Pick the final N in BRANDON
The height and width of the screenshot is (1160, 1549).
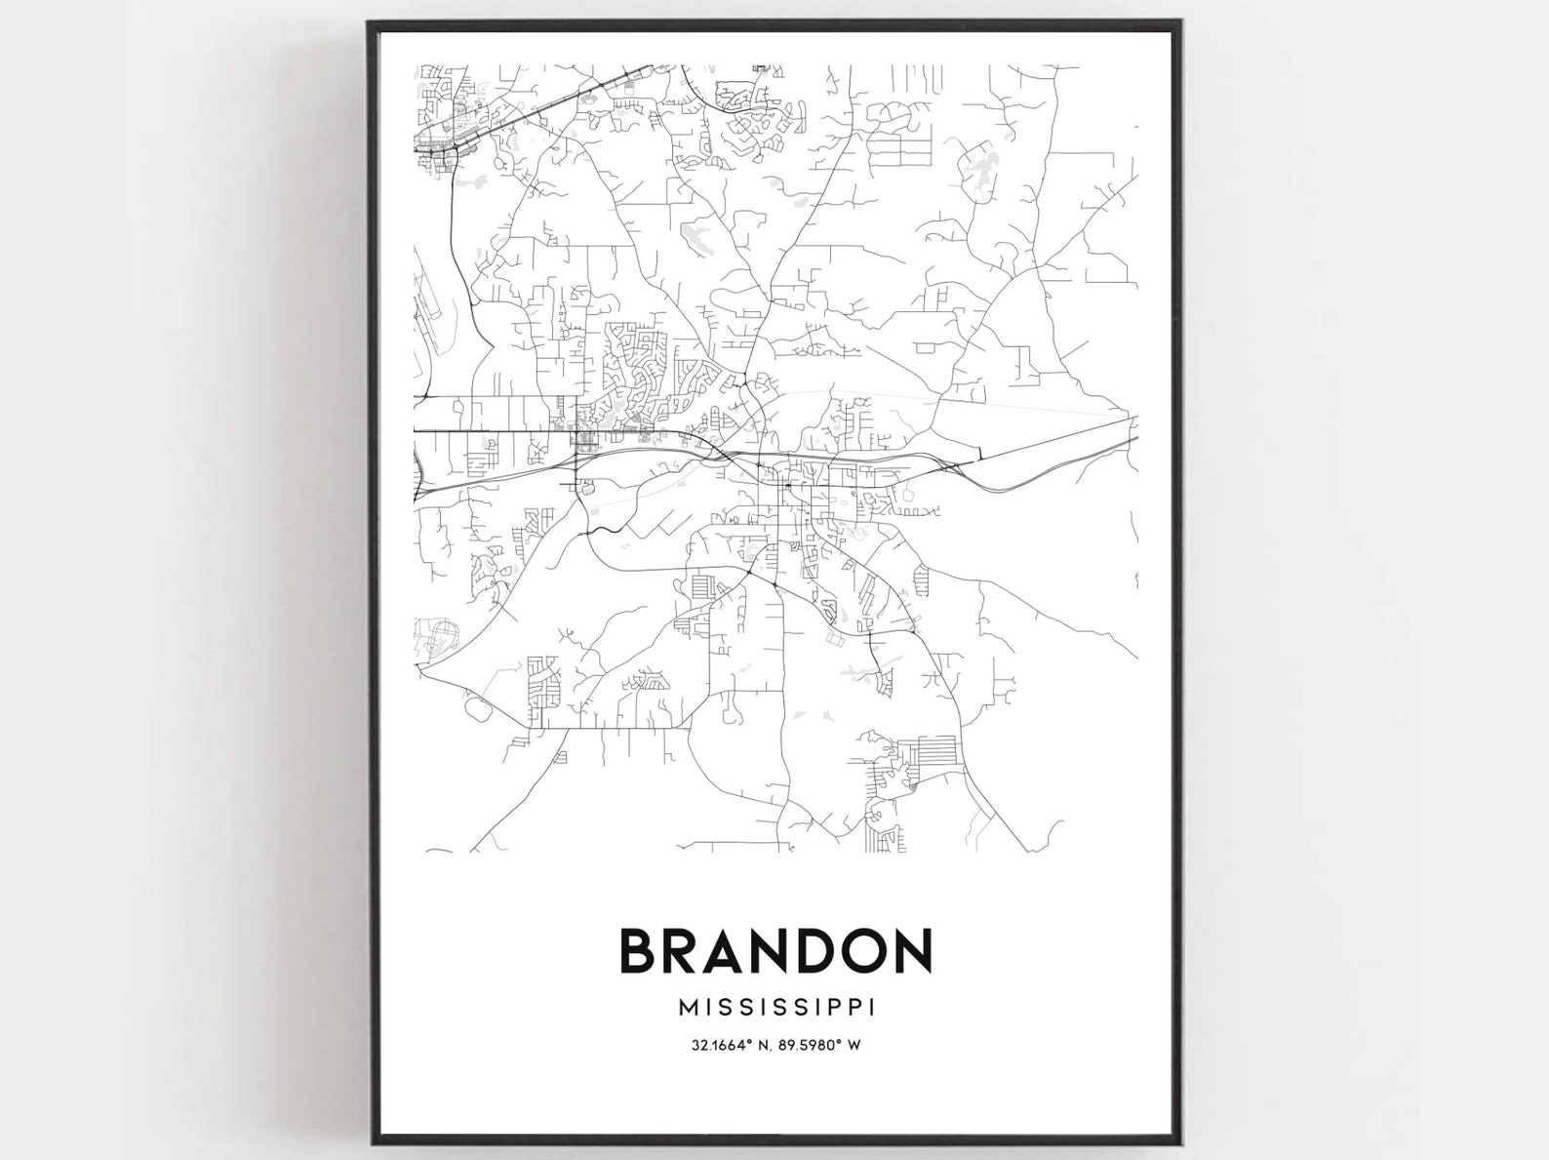tap(914, 951)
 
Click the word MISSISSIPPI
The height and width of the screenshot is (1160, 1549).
tap(774, 1006)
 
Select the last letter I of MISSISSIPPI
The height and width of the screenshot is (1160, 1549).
tap(870, 1006)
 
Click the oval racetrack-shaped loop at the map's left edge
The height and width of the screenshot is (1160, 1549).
tap(437, 639)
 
